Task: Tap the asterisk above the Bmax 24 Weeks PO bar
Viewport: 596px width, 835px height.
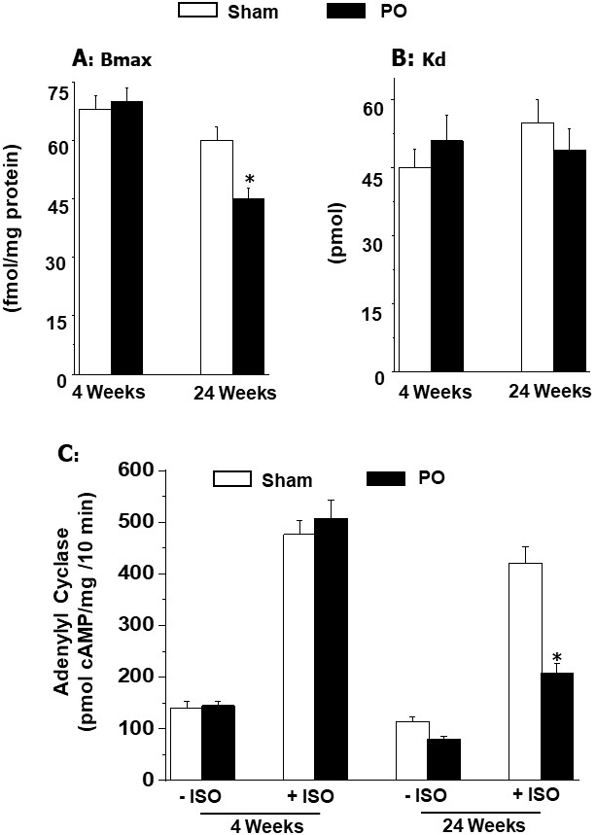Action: (x=250, y=180)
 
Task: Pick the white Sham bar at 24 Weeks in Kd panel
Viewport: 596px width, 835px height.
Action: (x=538, y=248)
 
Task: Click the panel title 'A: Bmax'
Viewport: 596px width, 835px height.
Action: (x=114, y=57)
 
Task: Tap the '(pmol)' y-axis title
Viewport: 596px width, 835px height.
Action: (x=337, y=233)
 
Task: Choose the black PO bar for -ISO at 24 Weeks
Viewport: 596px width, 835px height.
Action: (x=449, y=758)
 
